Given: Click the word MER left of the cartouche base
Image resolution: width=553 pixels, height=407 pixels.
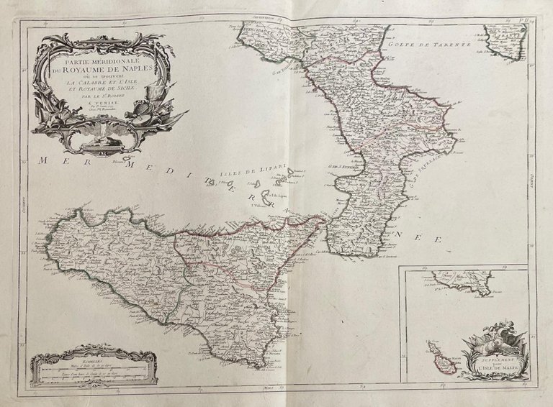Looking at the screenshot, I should (x=57, y=162).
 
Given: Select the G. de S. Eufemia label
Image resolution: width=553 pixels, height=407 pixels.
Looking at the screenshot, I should (x=343, y=169).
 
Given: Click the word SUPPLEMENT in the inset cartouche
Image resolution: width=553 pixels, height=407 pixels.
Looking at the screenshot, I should (x=494, y=355).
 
